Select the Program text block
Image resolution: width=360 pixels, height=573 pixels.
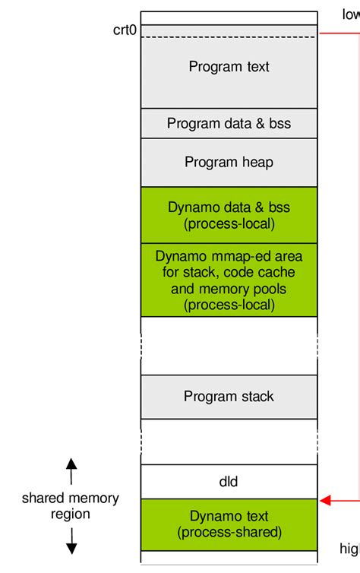(x=229, y=72)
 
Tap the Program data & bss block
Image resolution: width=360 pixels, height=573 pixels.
(x=229, y=123)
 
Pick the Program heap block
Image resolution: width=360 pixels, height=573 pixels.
(x=229, y=163)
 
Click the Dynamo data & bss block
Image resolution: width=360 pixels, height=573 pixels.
(x=229, y=215)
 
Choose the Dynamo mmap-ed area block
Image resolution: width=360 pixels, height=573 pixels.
(x=229, y=280)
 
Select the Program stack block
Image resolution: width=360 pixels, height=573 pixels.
(x=229, y=397)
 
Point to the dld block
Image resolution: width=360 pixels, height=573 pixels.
(x=229, y=482)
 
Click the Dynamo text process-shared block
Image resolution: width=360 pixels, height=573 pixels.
(x=229, y=524)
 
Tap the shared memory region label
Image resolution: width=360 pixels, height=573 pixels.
(x=71, y=506)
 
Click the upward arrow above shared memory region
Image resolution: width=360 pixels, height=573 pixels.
(x=71, y=471)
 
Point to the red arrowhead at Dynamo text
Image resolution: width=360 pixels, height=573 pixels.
(x=325, y=500)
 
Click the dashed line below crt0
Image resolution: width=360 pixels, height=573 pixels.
(x=229, y=37)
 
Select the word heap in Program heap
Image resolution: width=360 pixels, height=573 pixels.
(x=259, y=163)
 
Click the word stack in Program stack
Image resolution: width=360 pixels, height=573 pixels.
(x=258, y=397)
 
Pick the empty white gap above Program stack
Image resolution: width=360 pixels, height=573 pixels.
(x=229, y=346)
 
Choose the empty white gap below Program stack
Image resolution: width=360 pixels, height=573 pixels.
(x=229, y=442)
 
